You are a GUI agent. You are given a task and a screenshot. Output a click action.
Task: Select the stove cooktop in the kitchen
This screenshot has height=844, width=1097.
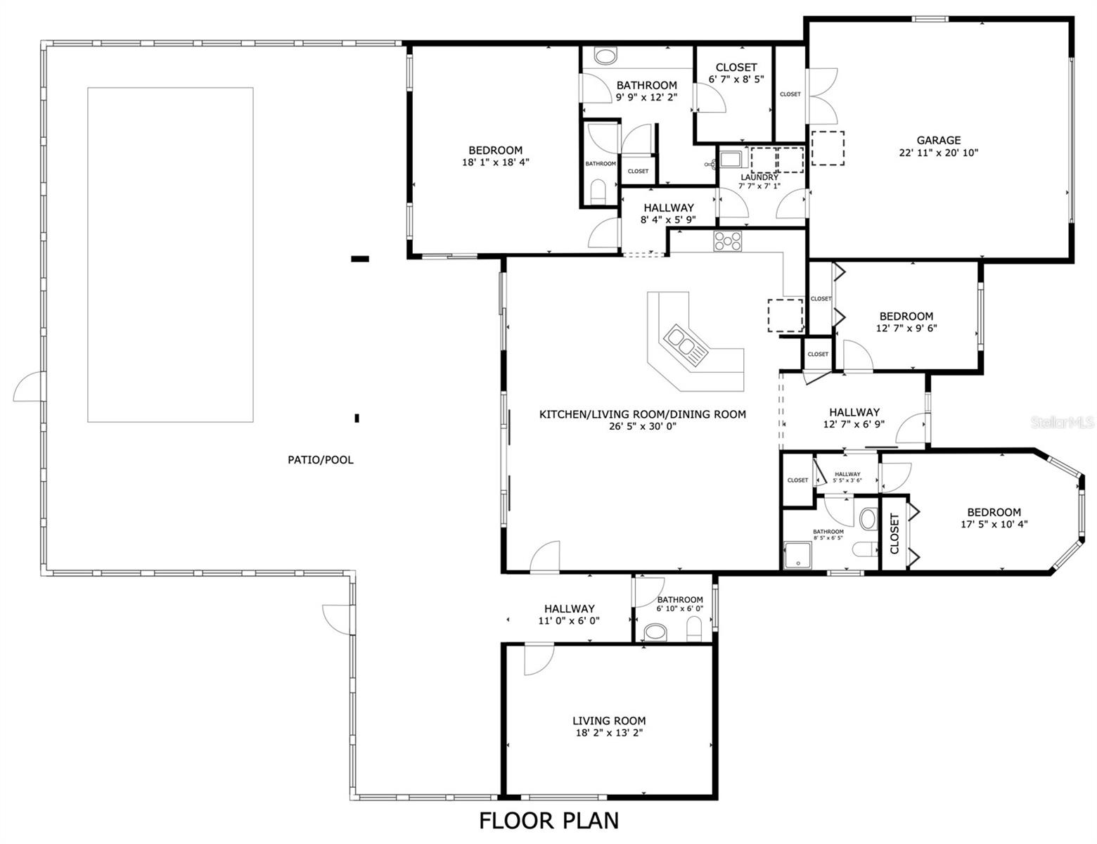[728, 241]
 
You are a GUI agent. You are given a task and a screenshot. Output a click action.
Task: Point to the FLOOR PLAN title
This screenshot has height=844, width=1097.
[548, 820]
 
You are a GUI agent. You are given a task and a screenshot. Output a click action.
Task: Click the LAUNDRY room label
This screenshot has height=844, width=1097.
[759, 177]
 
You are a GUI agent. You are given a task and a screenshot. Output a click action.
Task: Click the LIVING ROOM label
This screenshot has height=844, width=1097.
[608, 720]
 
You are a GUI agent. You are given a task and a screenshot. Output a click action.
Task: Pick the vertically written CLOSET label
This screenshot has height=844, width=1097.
[894, 533]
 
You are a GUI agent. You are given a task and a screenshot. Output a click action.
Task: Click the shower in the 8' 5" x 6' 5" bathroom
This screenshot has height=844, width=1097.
[797, 555]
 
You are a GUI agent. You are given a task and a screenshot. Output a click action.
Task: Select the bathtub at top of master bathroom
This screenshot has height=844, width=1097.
[604, 56]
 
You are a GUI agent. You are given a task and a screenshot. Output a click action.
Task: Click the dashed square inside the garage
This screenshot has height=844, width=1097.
[828, 148]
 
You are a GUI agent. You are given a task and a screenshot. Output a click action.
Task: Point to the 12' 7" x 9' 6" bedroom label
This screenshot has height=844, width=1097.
[906, 316]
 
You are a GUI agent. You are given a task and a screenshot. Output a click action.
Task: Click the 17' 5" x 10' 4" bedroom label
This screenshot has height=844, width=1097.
[994, 512]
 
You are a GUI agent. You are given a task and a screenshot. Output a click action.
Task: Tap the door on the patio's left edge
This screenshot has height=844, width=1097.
[28, 388]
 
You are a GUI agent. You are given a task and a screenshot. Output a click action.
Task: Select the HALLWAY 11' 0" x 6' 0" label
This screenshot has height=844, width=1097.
[569, 608]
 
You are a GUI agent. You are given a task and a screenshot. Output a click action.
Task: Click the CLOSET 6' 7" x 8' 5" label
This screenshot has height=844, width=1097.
[736, 68]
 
